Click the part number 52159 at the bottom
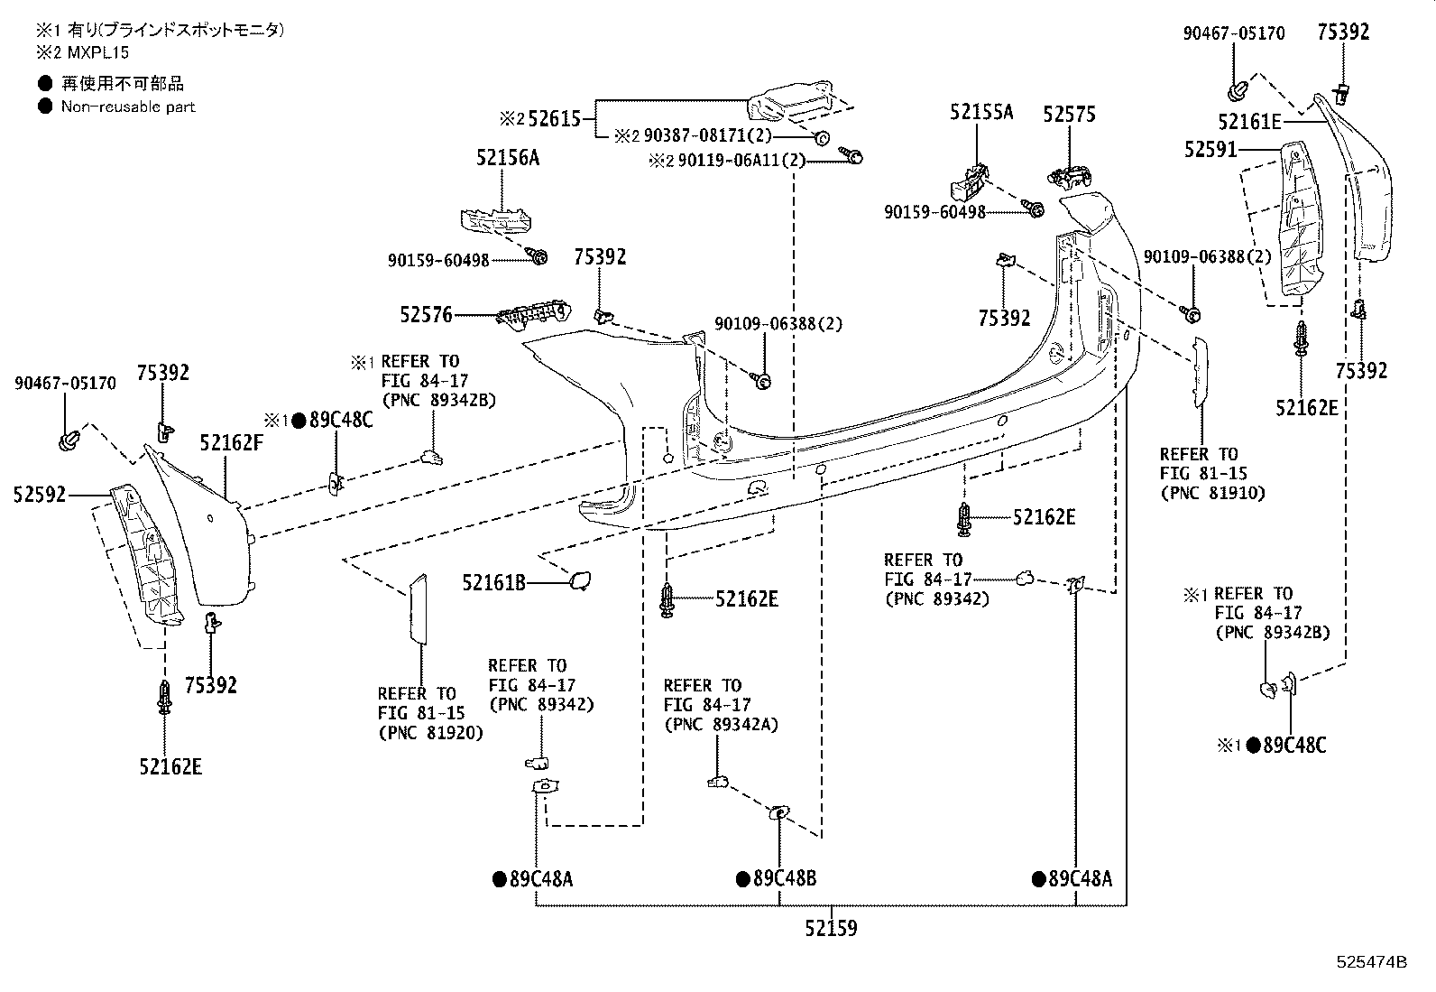click(831, 928)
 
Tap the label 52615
click(555, 119)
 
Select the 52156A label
click(508, 157)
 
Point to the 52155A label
click(981, 112)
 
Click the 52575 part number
click(1069, 115)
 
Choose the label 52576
click(427, 314)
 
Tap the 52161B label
click(493, 582)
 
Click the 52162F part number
click(232, 442)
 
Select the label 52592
click(40, 494)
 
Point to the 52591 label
click(1210, 150)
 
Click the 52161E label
click(1249, 121)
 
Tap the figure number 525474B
click(1371, 962)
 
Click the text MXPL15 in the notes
click(98, 52)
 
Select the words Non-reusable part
click(128, 107)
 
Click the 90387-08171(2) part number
click(708, 135)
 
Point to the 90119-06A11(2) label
click(741, 161)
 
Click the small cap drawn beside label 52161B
click(580, 580)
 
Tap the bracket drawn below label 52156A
click(495, 221)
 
